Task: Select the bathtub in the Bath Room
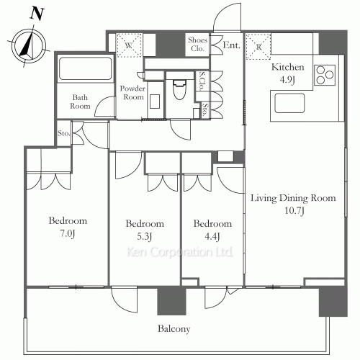coord(84,71)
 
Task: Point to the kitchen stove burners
coord(325,74)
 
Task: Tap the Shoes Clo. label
coord(197,45)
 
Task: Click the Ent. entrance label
coord(231,45)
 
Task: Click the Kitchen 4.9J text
coord(288,73)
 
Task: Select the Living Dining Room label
coord(292,204)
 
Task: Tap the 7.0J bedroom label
coord(68,226)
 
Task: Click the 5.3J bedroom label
coord(144,229)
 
